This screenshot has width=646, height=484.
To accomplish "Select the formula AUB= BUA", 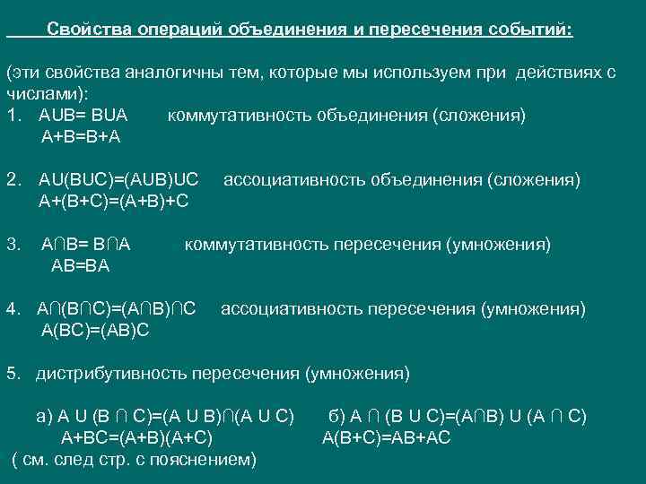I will tap(83, 116).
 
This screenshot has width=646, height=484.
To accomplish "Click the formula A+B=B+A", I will tap(81, 137).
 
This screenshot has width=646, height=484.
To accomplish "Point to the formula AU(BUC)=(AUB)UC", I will tap(118, 180).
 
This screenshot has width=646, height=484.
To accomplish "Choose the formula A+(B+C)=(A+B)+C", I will tap(113, 201).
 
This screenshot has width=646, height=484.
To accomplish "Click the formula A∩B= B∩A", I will tap(86, 244).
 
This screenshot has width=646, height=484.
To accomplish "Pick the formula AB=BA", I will tap(81, 265).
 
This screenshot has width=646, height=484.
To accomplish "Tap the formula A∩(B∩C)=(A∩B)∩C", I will tap(117, 309).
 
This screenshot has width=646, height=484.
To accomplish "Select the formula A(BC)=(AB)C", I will tap(96, 330).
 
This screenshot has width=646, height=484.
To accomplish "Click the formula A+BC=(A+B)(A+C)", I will tap(136, 438).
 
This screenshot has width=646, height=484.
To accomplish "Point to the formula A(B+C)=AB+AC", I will tap(387, 438).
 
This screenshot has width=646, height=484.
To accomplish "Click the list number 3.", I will tap(12, 244).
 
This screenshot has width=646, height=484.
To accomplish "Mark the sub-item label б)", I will tap(337, 417).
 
